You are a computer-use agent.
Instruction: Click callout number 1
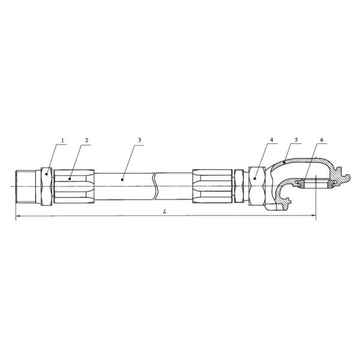(62, 140)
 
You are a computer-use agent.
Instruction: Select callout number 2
(86, 140)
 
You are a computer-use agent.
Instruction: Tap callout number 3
(139, 140)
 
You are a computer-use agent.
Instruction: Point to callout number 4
(272, 140)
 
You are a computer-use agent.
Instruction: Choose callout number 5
(296, 140)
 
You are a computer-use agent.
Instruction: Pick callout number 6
(322, 140)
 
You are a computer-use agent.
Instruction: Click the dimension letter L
(164, 212)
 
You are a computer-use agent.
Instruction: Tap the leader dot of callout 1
(47, 174)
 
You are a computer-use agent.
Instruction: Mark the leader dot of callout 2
(70, 178)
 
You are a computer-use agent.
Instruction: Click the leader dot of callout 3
(122, 179)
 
